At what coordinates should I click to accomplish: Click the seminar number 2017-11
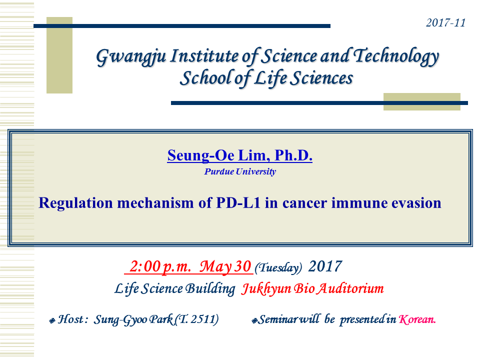(445, 22)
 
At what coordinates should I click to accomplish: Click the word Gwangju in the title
(131, 57)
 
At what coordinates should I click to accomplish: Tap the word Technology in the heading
(396, 56)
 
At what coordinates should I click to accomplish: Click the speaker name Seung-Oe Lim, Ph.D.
(239, 155)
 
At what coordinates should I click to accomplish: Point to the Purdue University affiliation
(240, 171)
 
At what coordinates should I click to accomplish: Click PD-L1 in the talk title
(238, 202)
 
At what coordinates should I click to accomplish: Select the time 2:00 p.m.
(160, 266)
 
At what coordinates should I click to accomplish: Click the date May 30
(225, 266)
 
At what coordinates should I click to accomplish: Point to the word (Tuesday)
(278, 268)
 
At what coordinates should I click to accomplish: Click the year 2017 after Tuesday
(325, 266)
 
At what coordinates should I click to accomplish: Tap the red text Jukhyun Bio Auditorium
(312, 288)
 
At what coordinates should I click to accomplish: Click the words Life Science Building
(175, 288)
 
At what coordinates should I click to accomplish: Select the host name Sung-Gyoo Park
(134, 319)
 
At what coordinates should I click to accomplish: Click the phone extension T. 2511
(197, 319)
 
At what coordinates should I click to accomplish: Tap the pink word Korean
(417, 319)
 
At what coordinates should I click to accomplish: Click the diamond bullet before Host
(52, 321)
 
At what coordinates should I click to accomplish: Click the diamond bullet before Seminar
(254, 321)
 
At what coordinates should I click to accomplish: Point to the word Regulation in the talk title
(75, 203)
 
